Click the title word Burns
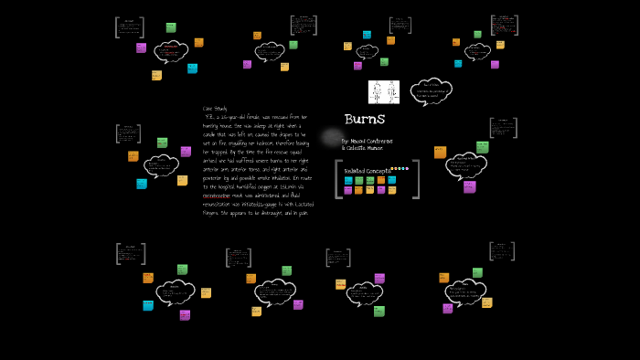click(x=365, y=120)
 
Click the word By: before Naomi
click(x=346, y=141)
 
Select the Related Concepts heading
click(x=366, y=170)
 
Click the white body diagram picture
click(x=384, y=91)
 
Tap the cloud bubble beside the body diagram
click(x=431, y=90)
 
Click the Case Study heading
click(x=216, y=109)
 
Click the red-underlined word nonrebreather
click(x=220, y=194)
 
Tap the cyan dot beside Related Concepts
click(x=403, y=168)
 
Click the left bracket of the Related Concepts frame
click(x=338, y=179)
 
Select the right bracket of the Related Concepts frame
click(x=417, y=179)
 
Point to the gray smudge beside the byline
click(x=331, y=138)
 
